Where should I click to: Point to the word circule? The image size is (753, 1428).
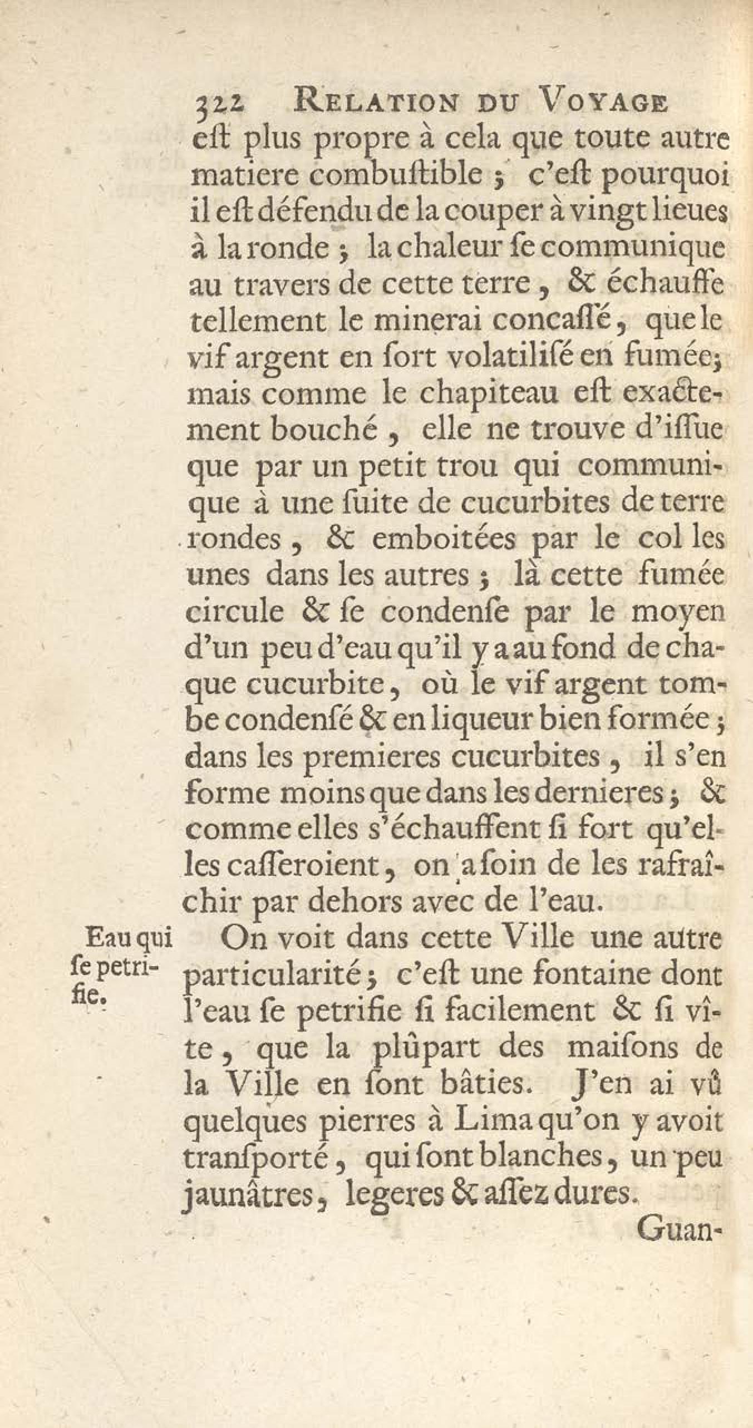point(234,612)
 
